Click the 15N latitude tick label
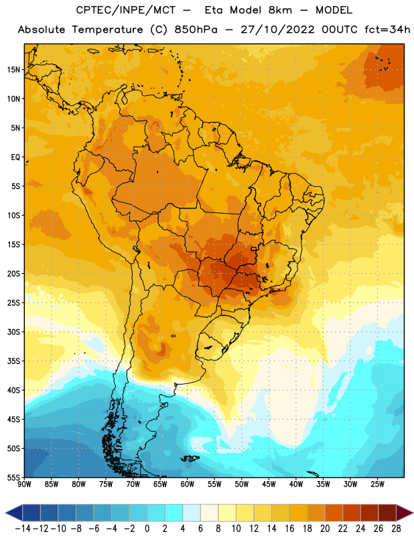click(13, 70)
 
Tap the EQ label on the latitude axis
click(15, 157)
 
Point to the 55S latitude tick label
click(13, 477)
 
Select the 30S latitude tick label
click(13, 332)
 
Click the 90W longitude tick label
click(24, 484)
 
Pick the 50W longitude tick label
click(242, 484)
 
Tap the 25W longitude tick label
click(377, 484)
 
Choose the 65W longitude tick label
click(160, 484)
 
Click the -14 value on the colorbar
click(23, 529)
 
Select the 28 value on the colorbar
click(396, 529)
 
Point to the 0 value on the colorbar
click(147, 529)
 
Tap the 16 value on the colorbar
click(289, 529)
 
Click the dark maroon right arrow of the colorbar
click(404, 513)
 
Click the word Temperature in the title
click(107, 29)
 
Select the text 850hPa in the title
click(196, 29)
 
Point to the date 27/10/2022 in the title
click(277, 29)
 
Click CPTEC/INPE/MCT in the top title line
click(126, 10)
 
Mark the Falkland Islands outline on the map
click(190, 458)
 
